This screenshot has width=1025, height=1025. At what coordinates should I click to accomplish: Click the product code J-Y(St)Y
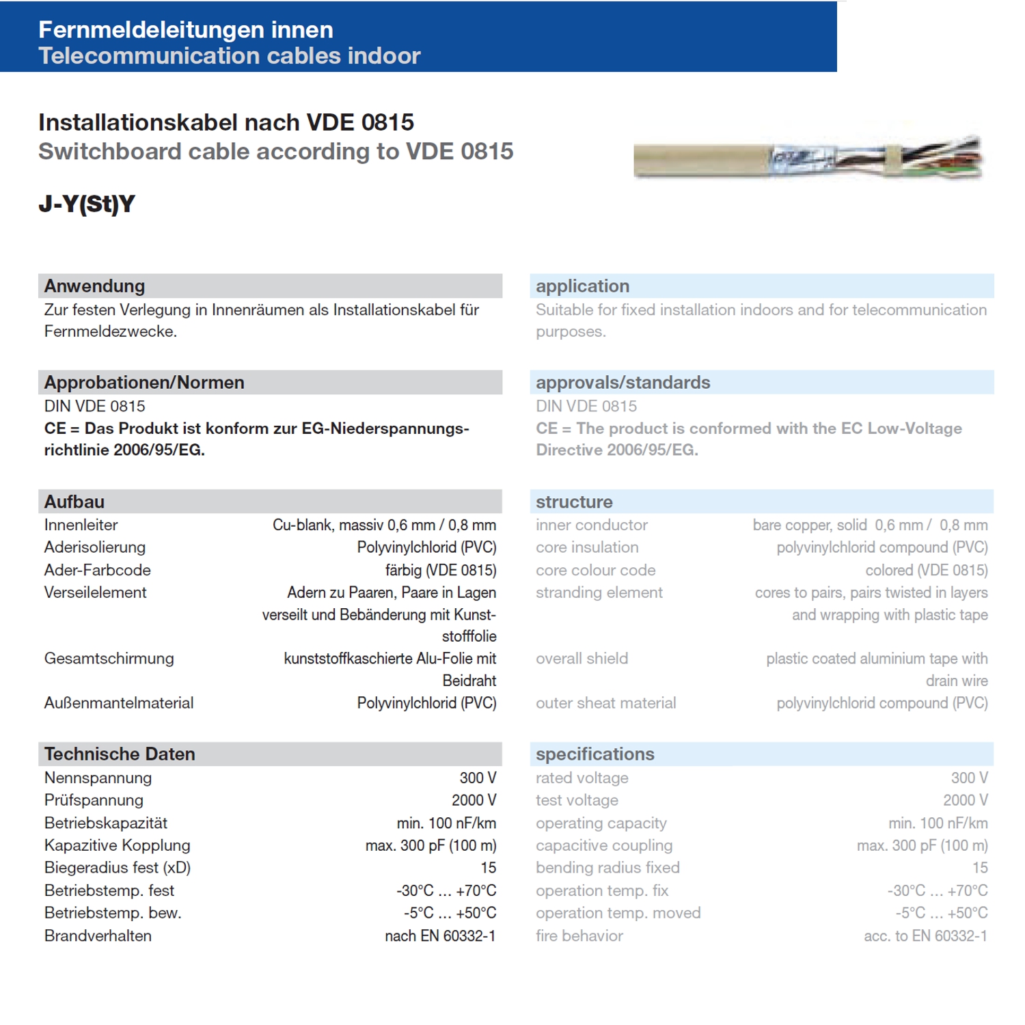(x=87, y=204)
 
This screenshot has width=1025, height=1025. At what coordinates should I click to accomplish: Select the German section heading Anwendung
(x=95, y=286)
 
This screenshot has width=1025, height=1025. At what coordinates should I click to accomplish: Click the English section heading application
(x=582, y=286)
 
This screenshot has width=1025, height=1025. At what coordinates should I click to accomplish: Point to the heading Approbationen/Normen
(x=144, y=383)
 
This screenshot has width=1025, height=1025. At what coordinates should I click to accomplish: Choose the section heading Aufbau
(x=74, y=502)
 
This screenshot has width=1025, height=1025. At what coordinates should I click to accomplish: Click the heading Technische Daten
(x=120, y=754)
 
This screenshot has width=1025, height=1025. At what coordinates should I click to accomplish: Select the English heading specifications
(x=594, y=754)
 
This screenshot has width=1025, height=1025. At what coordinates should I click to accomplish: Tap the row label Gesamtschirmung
(x=109, y=659)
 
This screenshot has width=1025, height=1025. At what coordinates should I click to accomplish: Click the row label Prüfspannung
(x=94, y=800)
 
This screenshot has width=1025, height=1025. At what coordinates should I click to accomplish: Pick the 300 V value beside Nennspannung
(x=478, y=778)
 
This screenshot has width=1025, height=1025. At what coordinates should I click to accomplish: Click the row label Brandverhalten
(x=98, y=936)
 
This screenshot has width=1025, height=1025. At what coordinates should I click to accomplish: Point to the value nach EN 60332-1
(x=440, y=936)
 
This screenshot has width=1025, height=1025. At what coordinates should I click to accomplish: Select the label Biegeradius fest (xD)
(x=118, y=868)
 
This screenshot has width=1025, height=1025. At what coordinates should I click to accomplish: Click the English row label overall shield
(x=582, y=659)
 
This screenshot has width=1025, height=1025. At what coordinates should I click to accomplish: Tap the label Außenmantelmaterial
(x=119, y=703)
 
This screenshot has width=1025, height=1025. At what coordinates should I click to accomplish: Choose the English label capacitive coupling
(x=604, y=846)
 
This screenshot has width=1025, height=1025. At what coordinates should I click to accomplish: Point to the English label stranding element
(x=599, y=593)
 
